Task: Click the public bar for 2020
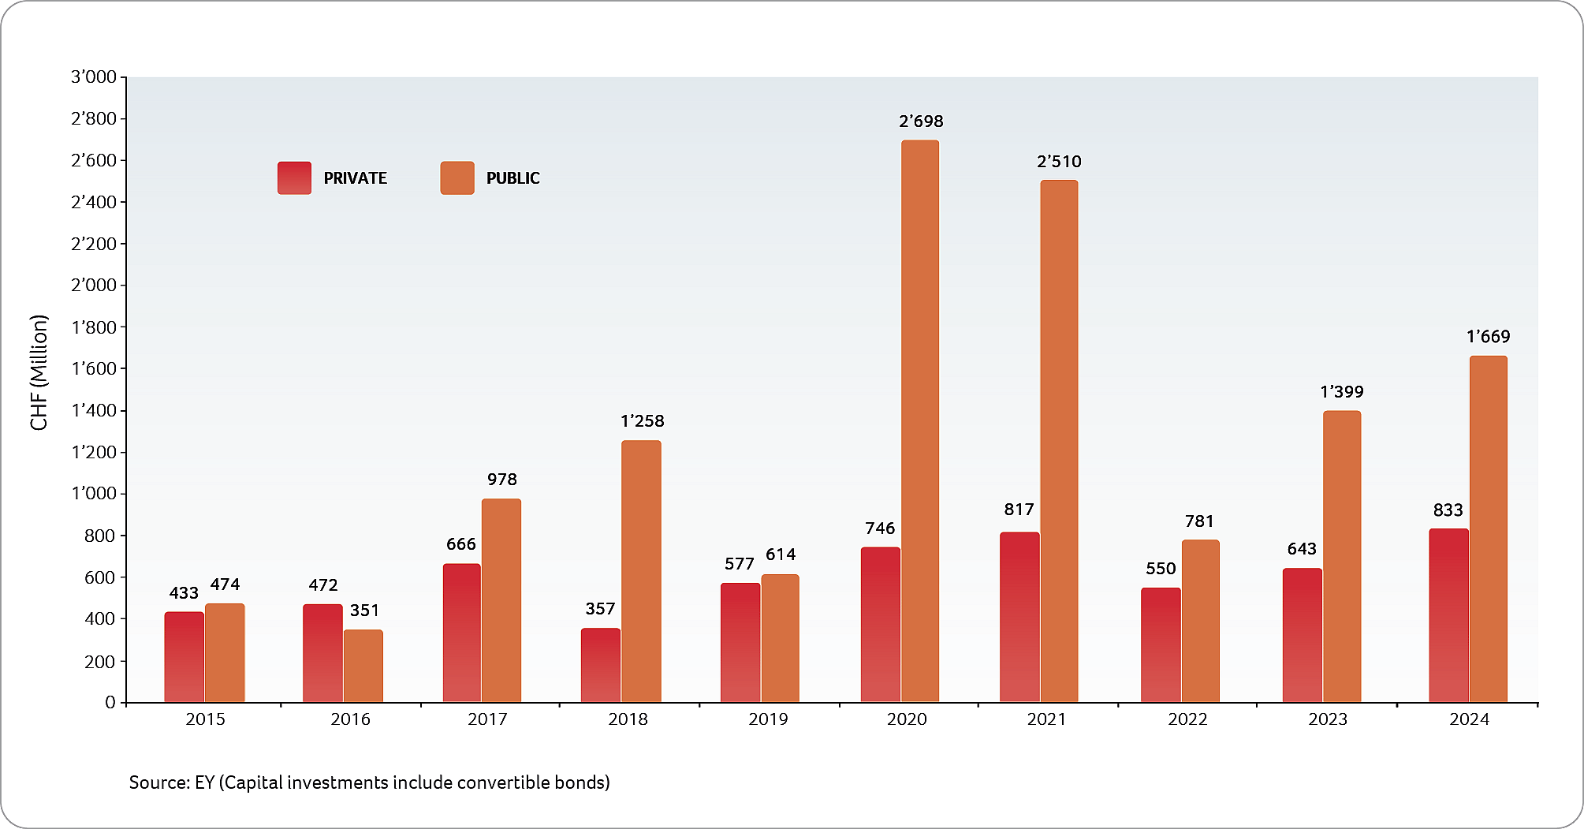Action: point(920,421)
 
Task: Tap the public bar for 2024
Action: point(1488,529)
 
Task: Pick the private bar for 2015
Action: point(184,657)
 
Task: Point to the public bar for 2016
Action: point(363,666)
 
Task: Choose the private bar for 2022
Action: point(1161,644)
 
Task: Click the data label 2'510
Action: point(1059,162)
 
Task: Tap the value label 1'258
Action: point(643,421)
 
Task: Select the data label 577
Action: point(740,564)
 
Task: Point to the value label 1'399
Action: point(1341,392)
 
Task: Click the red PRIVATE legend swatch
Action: point(295,178)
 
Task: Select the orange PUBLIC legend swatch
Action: point(457,178)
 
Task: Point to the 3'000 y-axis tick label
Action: point(94,77)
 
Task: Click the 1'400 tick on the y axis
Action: point(94,410)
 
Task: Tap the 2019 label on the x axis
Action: point(768,719)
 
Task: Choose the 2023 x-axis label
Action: point(1328,719)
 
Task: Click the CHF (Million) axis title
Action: point(39,372)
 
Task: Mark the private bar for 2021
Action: point(1019,617)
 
